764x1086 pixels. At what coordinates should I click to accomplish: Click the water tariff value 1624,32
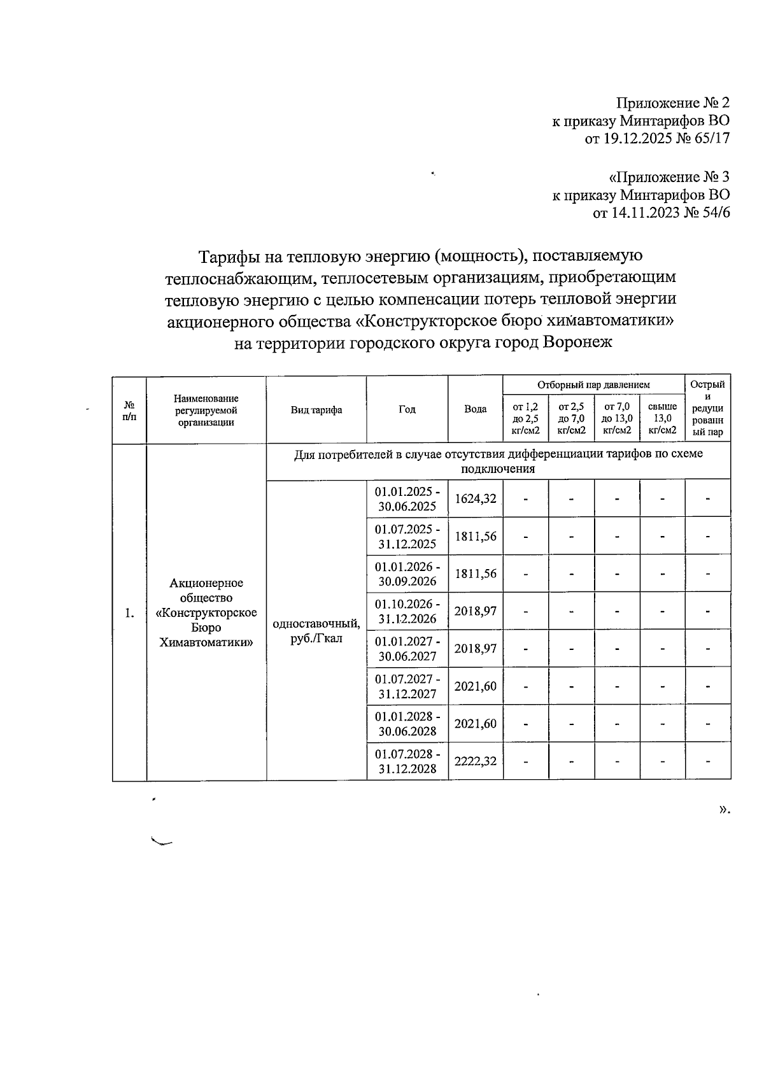point(475,499)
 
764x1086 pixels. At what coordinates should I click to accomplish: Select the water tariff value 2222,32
point(475,761)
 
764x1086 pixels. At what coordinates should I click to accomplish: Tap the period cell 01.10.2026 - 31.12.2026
point(407,612)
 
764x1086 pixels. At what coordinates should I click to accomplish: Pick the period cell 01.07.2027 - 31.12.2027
point(407,687)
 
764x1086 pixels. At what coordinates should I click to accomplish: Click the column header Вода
point(475,410)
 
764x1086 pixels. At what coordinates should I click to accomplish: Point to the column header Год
point(407,410)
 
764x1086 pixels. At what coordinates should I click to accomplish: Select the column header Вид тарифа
point(316,410)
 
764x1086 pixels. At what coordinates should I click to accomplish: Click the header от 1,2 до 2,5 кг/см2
point(525,418)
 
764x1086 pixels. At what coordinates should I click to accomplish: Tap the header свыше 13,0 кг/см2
point(662,418)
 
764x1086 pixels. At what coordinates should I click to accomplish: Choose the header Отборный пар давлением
point(593,385)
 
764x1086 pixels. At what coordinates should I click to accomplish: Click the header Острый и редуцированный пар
point(707,409)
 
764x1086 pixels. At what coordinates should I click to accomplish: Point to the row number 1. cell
point(129,613)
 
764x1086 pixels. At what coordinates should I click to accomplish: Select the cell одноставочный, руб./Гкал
point(316,631)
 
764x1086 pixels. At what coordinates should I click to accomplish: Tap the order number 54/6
point(715,213)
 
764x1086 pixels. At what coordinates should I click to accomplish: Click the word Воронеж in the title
point(577,342)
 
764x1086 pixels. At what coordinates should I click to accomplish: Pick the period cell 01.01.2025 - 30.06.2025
point(407,499)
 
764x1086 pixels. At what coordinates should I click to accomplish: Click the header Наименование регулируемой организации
point(206,410)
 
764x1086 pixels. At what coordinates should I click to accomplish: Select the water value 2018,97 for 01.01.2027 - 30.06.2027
point(475,649)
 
